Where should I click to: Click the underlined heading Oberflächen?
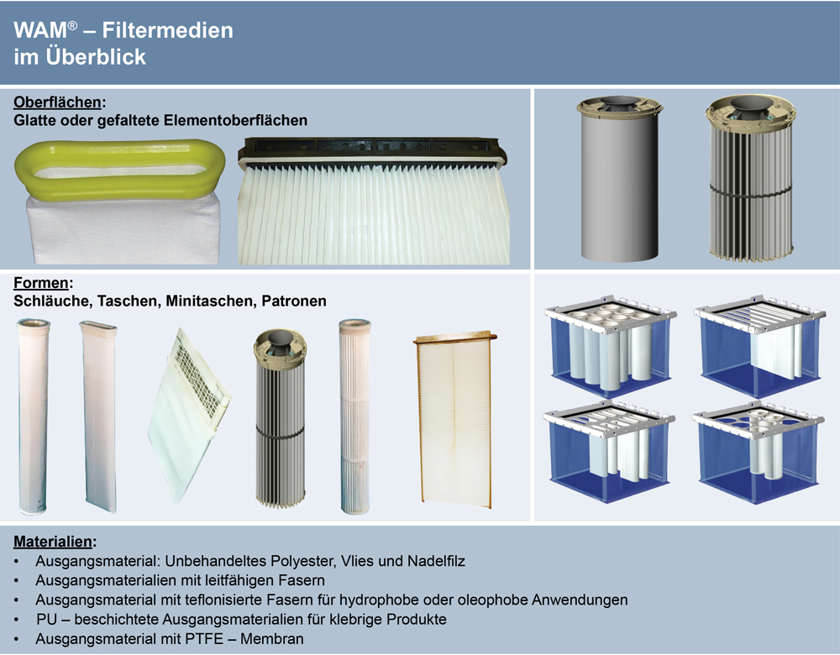[x=57, y=102]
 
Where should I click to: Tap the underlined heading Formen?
[x=40, y=283]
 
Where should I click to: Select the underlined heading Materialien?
[x=52, y=542]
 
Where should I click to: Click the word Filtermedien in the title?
[x=168, y=30]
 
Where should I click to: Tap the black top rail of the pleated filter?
[x=372, y=151]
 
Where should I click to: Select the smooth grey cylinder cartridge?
[x=619, y=179]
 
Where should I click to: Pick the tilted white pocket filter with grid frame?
[x=187, y=415]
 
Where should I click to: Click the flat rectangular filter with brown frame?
[x=455, y=420]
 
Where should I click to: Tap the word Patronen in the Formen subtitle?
[x=293, y=301]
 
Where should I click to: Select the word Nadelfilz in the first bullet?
[x=436, y=561]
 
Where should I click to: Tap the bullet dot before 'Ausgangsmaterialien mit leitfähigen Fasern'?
[x=17, y=580]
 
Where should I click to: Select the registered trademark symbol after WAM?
[x=72, y=25]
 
